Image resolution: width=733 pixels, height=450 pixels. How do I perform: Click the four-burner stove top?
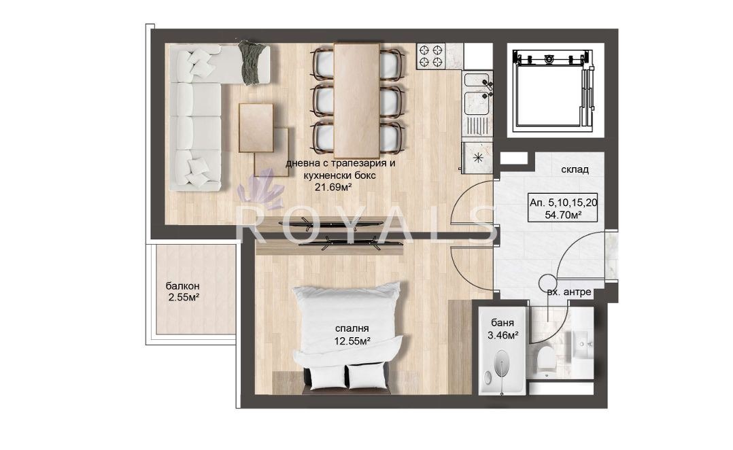[x=430, y=56]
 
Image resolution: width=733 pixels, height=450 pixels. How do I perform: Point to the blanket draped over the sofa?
[x=253, y=62]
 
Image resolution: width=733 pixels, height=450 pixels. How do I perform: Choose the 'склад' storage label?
[x=575, y=170]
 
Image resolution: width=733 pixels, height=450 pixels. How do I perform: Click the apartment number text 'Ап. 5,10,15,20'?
[x=563, y=203]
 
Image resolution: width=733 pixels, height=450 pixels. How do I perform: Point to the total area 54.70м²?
[x=563, y=215]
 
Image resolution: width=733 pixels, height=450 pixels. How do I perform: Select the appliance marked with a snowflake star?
[x=477, y=158]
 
